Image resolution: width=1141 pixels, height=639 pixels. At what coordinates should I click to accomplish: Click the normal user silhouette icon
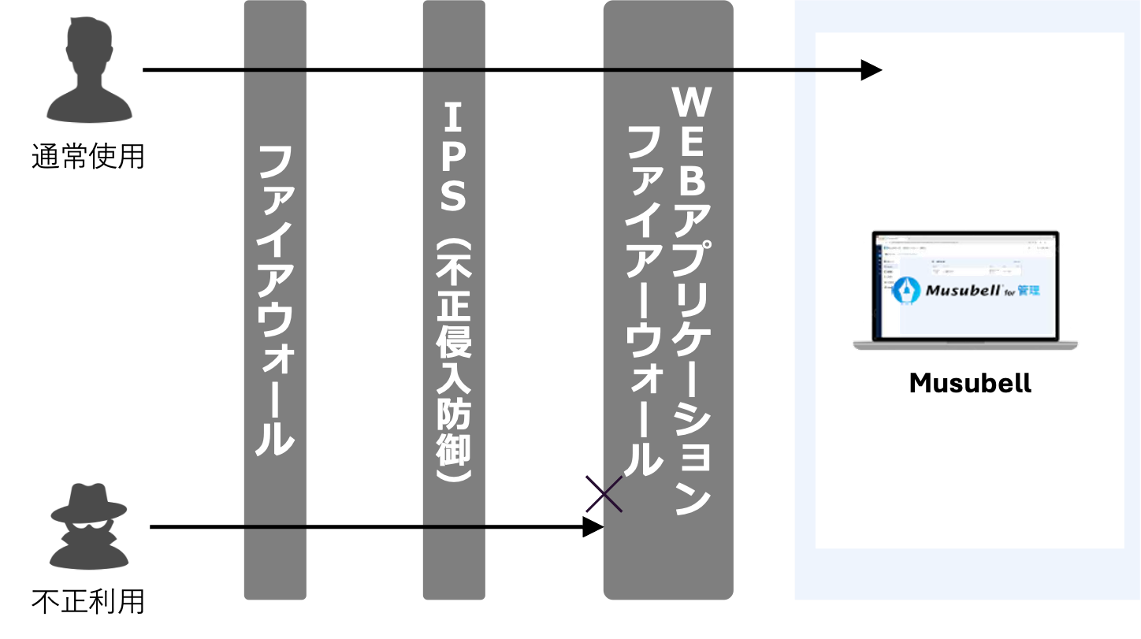click(89, 71)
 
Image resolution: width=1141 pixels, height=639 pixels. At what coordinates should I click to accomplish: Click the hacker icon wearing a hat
click(89, 526)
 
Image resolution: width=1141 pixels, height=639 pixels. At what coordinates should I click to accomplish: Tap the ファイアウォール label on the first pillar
click(275, 300)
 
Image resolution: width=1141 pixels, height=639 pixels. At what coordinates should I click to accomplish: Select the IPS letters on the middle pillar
click(453, 158)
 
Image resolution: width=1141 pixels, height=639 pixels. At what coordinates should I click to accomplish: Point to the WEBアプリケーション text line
click(692, 299)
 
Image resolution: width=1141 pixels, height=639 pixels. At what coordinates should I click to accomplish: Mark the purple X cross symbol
click(604, 494)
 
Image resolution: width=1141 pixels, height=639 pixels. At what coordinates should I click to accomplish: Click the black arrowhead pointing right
click(871, 70)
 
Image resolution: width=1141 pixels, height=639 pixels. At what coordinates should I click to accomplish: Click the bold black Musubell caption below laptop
click(969, 384)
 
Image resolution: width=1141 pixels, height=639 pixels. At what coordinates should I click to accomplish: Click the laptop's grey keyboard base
click(965, 345)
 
